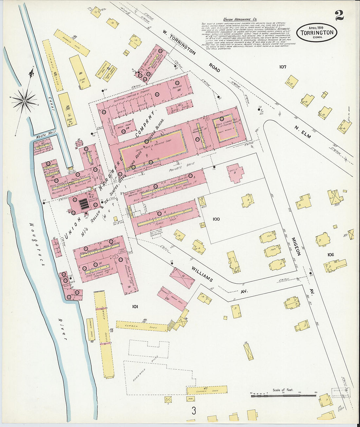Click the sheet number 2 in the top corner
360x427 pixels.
click(x=339, y=15)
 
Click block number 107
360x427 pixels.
click(x=283, y=67)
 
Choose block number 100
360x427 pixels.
click(x=216, y=219)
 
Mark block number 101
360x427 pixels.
click(x=135, y=307)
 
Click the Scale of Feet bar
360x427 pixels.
click(x=284, y=396)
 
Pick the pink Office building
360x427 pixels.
click(x=236, y=173)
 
